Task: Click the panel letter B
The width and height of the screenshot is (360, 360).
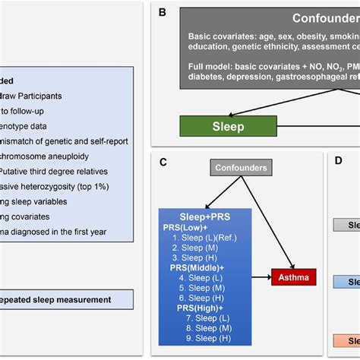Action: (x=162, y=13)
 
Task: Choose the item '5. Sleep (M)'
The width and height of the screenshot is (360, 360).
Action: (x=201, y=289)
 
